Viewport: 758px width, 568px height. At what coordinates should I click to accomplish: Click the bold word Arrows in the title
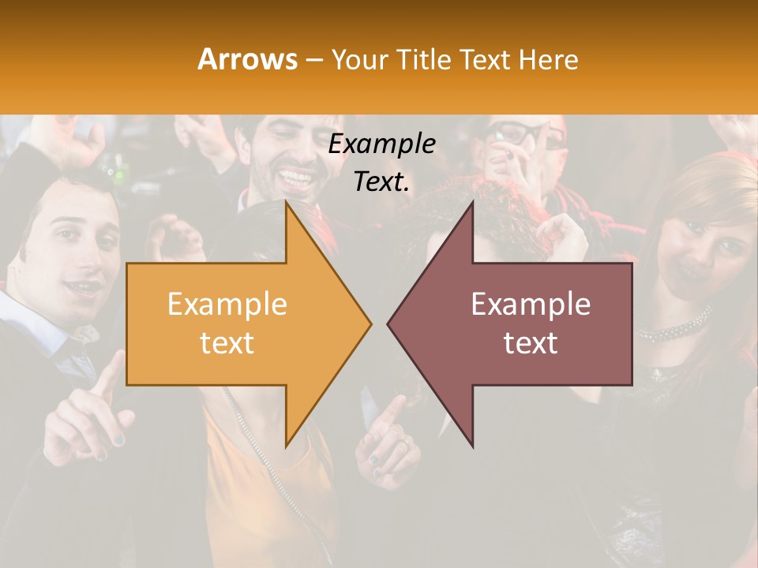click(248, 59)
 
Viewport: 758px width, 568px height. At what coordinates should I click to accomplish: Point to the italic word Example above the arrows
click(382, 144)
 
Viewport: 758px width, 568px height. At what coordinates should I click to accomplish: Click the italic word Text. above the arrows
click(382, 181)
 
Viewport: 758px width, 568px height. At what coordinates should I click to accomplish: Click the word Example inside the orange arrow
click(227, 304)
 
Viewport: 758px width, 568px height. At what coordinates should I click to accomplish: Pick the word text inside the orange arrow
click(227, 342)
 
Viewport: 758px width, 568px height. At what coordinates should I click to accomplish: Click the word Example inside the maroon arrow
click(531, 304)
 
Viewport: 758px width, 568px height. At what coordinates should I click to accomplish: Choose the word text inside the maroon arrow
click(531, 342)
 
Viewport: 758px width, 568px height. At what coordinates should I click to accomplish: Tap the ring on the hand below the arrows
click(402, 447)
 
